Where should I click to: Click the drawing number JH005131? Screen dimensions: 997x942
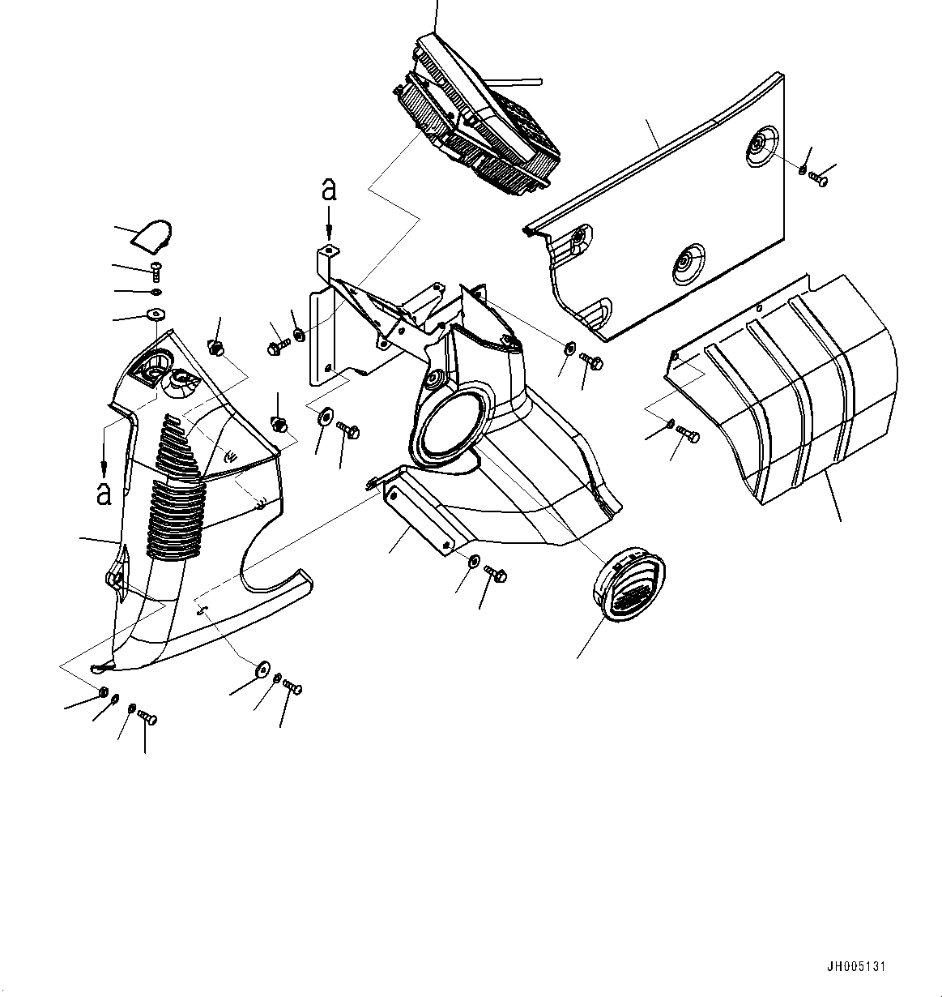856,967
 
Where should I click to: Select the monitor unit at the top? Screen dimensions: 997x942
478,122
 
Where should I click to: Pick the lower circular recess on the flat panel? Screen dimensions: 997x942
687,262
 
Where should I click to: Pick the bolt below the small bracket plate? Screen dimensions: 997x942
496,575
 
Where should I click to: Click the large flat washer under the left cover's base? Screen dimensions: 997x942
262,670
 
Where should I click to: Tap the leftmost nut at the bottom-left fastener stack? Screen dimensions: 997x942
104,692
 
